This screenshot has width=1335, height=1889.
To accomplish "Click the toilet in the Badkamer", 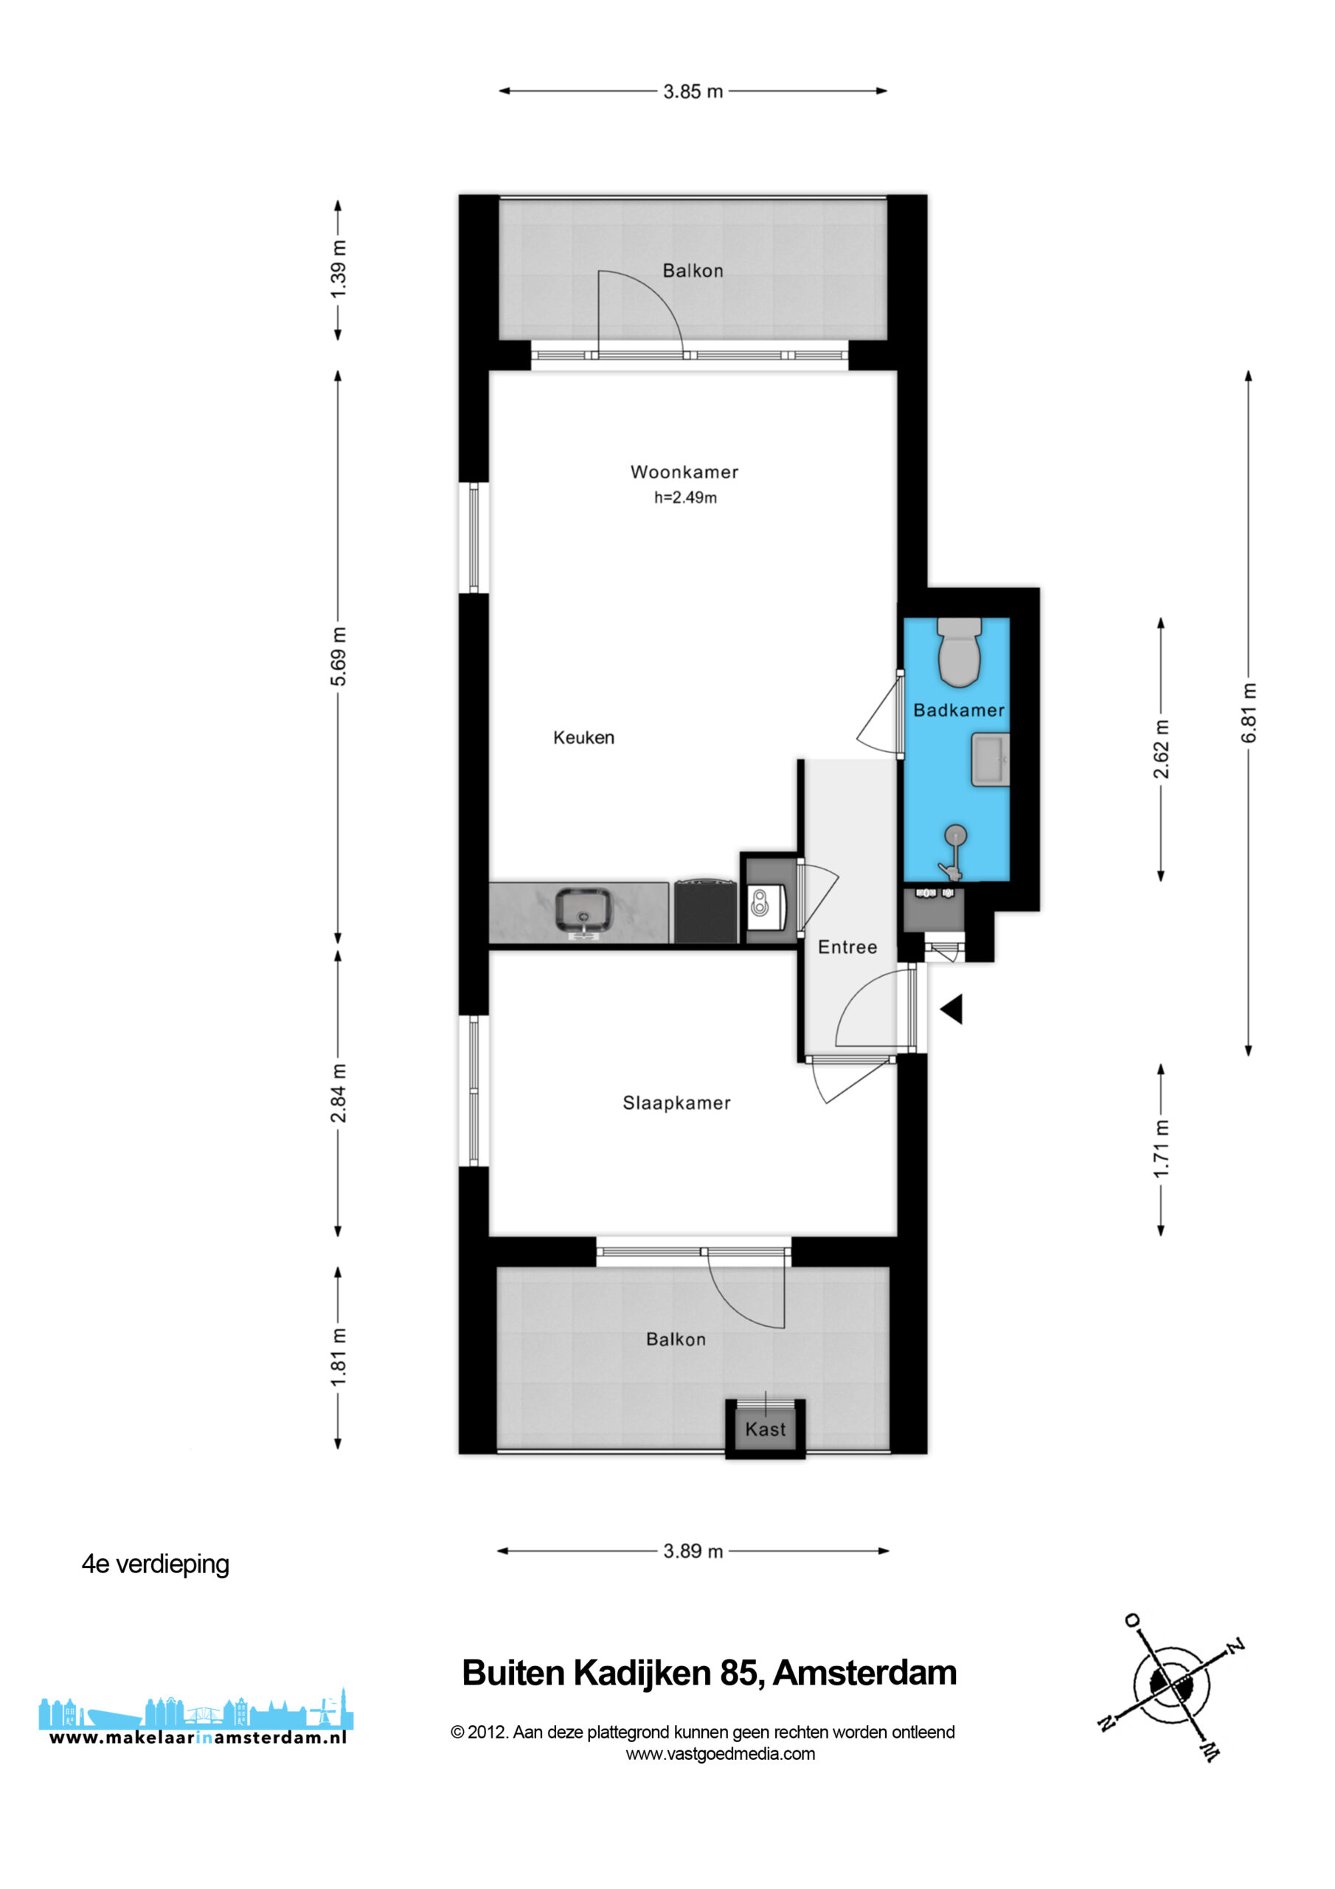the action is coord(959,652).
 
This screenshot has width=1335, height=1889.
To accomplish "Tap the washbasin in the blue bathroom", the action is coord(991,759).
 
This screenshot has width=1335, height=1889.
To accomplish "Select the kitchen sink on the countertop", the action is coord(583,910).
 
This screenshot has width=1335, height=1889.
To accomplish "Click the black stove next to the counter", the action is coord(705,911).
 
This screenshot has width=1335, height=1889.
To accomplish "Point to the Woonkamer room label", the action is coord(684,472).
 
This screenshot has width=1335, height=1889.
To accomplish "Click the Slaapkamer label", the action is coord(676,1103).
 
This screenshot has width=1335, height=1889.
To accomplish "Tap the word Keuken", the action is coord(583,738).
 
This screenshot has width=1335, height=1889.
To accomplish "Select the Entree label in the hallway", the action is coord(847,947).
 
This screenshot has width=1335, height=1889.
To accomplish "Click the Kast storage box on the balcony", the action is coord(765,1427).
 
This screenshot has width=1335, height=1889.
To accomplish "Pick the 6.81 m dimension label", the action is coord(1249,713).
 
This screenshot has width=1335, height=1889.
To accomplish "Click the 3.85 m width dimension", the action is coord(693,91).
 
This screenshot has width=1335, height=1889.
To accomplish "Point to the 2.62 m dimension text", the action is coord(1161,749).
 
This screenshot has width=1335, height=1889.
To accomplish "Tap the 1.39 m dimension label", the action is coord(338,270).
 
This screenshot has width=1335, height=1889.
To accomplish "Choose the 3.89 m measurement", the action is coord(693,1551).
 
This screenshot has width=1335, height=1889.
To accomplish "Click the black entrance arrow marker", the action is coord(951,1009).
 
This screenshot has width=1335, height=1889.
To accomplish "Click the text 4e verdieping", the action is coord(156,1564).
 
